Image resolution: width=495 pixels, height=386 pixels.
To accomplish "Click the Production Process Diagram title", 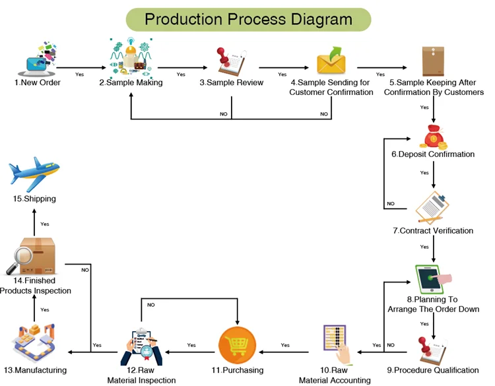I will pyautogui.click(x=248, y=18).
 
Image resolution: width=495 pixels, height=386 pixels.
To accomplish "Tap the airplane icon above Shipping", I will pyautogui.click(x=35, y=174).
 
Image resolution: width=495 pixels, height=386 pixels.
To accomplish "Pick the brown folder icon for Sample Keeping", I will pyautogui.click(x=433, y=62).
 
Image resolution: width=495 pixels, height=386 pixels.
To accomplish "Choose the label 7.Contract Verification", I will pyautogui.click(x=433, y=231).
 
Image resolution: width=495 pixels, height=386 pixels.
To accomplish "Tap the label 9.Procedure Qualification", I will pyautogui.click(x=433, y=370).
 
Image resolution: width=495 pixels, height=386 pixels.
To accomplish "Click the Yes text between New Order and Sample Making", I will pyautogui.click(x=80, y=74).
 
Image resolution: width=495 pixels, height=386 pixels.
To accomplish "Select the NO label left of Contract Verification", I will pyautogui.click(x=391, y=204).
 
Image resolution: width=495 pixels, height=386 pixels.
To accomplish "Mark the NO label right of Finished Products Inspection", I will pyautogui.click(x=85, y=270).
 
